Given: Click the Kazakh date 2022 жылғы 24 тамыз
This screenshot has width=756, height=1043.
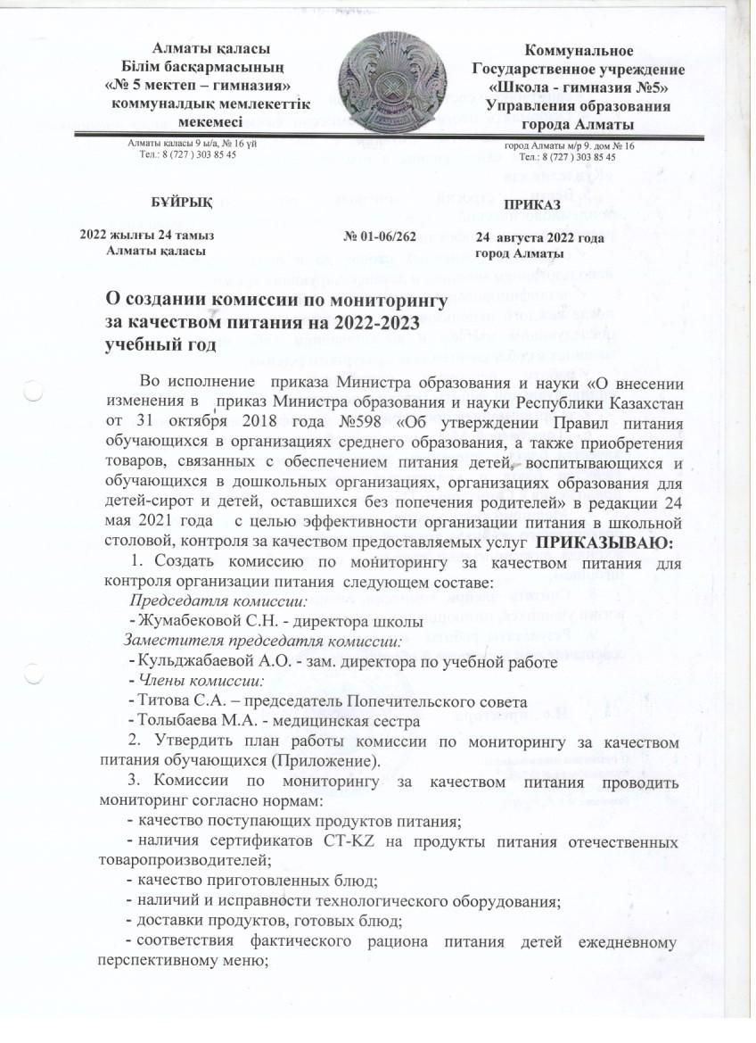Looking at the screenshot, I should click(x=146, y=236).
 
